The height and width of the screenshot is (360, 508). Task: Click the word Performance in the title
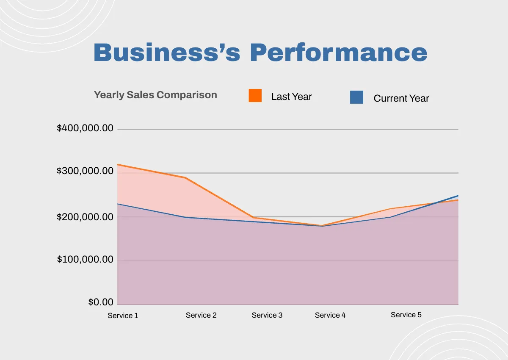(x=338, y=53)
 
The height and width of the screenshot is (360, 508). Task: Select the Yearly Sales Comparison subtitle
(x=155, y=95)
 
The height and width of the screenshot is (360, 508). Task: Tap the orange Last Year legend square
(x=255, y=96)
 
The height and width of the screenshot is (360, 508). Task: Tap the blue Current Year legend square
(x=356, y=97)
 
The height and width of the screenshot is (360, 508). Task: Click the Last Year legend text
(x=291, y=97)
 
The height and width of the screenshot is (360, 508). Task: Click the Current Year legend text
(x=401, y=99)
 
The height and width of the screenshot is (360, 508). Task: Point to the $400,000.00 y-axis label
(x=85, y=128)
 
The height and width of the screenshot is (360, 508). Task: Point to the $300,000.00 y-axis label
(x=85, y=171)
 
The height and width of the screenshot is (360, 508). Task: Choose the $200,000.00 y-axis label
(x=85, y=217)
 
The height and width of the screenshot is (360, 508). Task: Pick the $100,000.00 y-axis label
(x=85, y=259)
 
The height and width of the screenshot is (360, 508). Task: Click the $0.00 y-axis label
(x=101, y=302)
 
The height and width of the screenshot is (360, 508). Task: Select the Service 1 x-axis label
(x=123, y=316)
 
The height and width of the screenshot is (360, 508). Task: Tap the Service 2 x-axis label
(x=201, y=315)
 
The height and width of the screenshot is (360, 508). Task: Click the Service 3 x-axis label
(x=267, y=315)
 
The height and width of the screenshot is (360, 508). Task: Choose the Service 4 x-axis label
(x=330, y=315)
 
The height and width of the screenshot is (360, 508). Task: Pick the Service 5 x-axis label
(x=406, y=315)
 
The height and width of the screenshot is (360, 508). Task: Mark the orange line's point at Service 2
(x=185, y=177)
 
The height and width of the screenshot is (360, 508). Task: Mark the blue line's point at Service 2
(x=185, y=217)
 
